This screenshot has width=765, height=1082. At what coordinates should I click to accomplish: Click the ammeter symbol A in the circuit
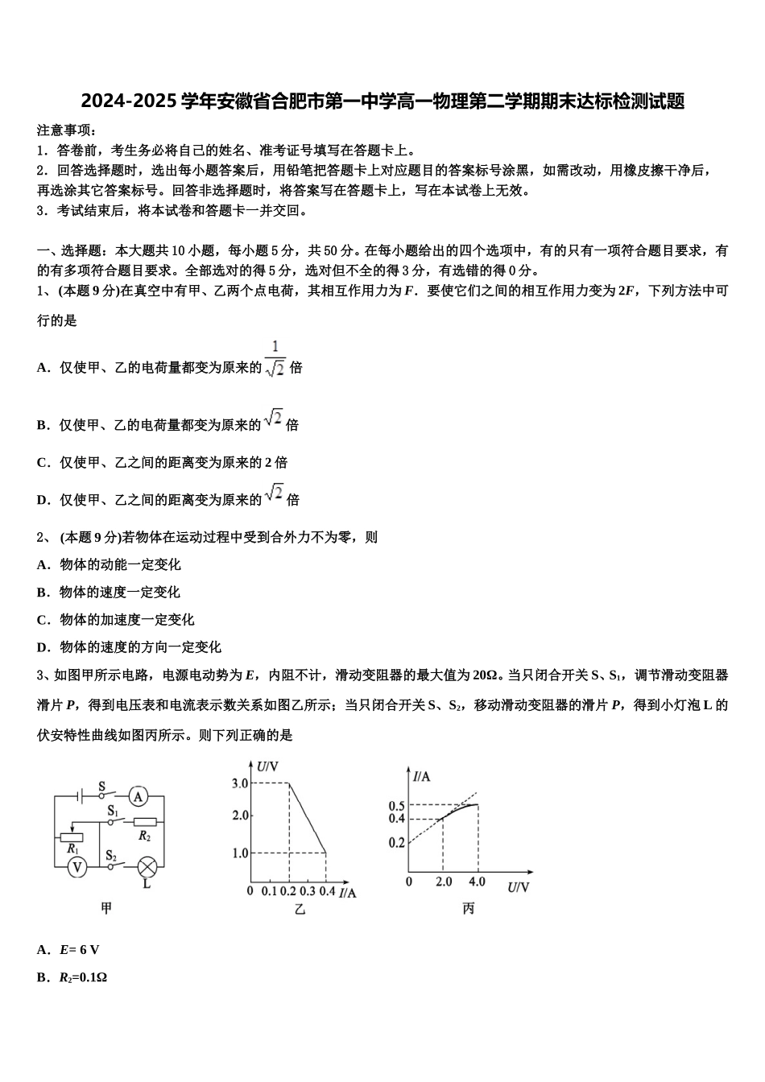tap(139, 796)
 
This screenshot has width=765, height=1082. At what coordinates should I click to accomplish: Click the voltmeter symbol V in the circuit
tap(76, 867)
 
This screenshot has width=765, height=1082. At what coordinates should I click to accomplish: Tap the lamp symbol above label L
tap(147, 866)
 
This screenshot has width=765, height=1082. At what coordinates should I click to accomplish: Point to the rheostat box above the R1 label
tap(72, 836)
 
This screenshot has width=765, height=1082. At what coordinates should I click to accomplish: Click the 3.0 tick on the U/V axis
tap(240, 783)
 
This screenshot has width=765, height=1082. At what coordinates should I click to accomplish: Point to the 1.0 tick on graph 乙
tap(240, 853)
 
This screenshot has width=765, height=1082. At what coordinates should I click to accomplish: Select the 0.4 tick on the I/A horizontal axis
tap(327, 891)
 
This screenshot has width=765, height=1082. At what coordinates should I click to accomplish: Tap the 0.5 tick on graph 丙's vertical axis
tap(396, 806)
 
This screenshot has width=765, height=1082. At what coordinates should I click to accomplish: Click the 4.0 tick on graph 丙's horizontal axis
tap(478, 882)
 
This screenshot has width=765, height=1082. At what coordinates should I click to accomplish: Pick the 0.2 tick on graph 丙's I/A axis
tap(396, 843)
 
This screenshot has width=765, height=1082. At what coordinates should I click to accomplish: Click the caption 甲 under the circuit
tap(106, 909)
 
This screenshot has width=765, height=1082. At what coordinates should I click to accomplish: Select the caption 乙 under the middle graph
tap(300, 910)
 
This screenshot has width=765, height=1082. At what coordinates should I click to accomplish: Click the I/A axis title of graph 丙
tap(421, 777)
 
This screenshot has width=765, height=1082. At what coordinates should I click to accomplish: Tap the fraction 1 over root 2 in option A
tap(275, 358)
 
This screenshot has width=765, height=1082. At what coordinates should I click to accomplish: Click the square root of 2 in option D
tap(275, 492)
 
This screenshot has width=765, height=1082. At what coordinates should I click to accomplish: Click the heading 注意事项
tap(66, 130)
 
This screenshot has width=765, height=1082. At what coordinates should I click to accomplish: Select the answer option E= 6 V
tap(79, 950)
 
